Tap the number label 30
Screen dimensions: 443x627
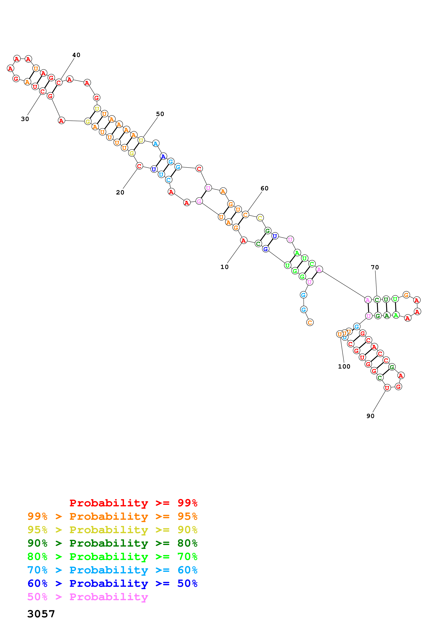pyautogui.click(x=25, y=119)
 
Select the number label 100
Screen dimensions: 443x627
pyautogui.click(x=344, y=366)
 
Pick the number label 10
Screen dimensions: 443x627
pyautogui.click(x=224, y=267)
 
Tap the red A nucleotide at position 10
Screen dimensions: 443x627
pyautogui.click(x=243, y=240)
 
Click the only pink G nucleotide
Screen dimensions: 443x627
pyautogui.click(x=199, y=201)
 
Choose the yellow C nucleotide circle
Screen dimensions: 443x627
pyautogui.click(x=260, y=218)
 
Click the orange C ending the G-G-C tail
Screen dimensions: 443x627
pyautogui.click(x=310, y=322)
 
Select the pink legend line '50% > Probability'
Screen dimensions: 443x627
pyautogui.click(x=88, y=597)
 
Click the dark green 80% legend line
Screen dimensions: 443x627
pyautogui.click(x=112, y=543)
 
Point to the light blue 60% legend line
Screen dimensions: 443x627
pyautogui.click(x=112, y=570)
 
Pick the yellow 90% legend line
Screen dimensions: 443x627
pyautogui.click(x=112, y=530)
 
